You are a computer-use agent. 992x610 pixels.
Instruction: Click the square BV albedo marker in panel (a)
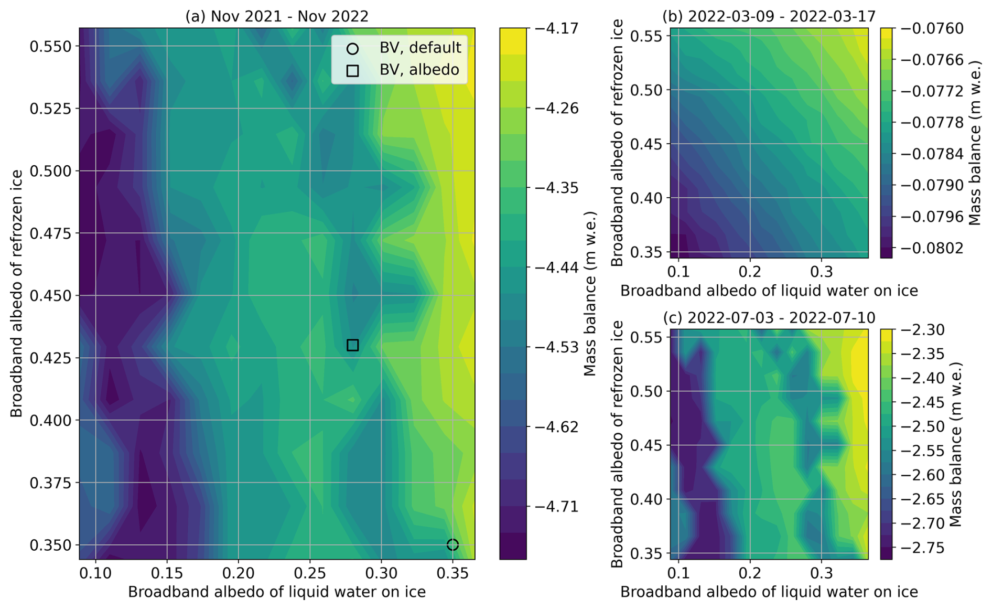[352, 345]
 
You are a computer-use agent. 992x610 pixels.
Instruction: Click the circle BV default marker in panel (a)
[452, 545]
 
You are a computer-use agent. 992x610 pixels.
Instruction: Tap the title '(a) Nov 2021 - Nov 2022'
[277, 16]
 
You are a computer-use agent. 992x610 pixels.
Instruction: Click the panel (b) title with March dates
[769, 16]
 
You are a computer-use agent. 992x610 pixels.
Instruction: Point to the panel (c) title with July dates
[769, 318]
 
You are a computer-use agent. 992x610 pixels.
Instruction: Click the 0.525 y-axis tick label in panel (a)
[50, 109]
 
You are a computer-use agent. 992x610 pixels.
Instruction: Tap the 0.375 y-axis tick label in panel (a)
[50, 483]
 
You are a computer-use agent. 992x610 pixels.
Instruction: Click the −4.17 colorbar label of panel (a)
[556, 28]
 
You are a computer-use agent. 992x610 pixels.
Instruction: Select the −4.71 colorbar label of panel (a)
[556, 507]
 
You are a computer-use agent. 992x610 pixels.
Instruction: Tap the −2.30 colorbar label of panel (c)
[926, 330]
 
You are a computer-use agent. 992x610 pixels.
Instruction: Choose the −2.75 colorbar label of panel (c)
[926, 548]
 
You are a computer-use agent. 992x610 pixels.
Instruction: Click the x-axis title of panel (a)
[277, 592]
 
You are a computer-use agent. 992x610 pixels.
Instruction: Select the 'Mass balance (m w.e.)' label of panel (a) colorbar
[590, 294]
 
